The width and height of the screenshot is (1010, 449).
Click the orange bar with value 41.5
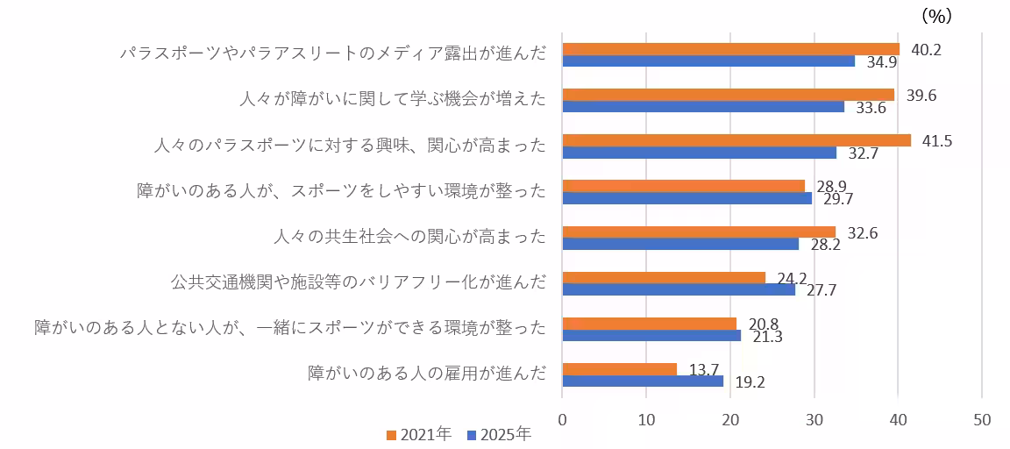click(736, 140)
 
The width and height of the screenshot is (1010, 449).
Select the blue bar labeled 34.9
click(708, 61)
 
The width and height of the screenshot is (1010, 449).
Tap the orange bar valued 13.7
click(619, 369)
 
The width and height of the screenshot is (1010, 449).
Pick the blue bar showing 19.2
click(643, 381)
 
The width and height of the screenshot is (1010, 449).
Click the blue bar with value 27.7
click(679, 289)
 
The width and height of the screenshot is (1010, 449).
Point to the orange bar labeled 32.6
click(699, 232)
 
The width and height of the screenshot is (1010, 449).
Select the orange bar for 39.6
click(728, 95)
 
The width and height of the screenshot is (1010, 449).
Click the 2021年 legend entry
click(418, 434)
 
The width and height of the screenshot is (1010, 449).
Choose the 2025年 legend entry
click(499, 434)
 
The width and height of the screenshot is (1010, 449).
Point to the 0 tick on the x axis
click(562, 420)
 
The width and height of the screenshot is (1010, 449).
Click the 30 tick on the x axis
click(814, 420)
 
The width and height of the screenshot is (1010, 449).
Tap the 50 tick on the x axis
click(981, 420)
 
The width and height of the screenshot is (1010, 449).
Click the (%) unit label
click(936, 16)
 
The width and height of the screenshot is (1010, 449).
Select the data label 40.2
click(926, 50)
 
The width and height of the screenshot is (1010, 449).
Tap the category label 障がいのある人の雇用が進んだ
click(426, 374)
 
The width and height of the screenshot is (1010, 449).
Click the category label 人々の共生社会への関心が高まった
click(409, 236)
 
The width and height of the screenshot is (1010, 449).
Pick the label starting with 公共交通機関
click(358, 282)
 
